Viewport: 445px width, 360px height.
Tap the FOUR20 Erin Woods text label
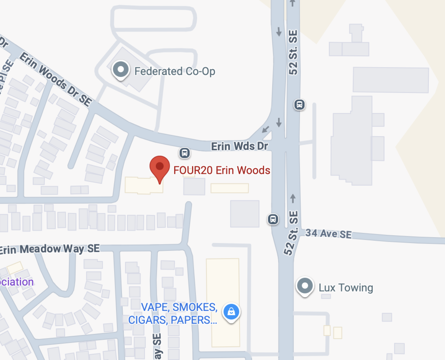pos(221,170)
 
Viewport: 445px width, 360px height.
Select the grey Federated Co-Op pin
pos(121,70)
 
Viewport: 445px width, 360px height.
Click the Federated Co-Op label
pos(175,72)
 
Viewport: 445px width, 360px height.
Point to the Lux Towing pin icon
pos(305,286)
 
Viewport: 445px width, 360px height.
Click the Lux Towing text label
pos(346,288)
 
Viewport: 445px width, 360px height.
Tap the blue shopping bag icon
pos(231,312)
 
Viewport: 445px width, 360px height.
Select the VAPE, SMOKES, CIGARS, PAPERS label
pos(173,314)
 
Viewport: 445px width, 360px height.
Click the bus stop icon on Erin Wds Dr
pos(185,153)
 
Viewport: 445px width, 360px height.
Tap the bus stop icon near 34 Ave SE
pos(273,219)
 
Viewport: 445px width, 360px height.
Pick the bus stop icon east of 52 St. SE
pos(299,104)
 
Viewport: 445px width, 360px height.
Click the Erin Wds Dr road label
pos(239,146)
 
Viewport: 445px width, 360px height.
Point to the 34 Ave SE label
pos(328,234)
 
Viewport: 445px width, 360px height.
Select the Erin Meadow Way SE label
pos(50,249)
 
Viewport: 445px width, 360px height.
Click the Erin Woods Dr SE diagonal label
pos(56,80)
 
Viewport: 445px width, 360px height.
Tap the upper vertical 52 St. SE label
pos(293,53)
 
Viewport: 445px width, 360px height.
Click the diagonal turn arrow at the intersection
pos(266,129)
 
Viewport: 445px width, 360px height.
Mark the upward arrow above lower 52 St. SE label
pos(293,198)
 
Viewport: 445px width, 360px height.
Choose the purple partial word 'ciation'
pos(17,282)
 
